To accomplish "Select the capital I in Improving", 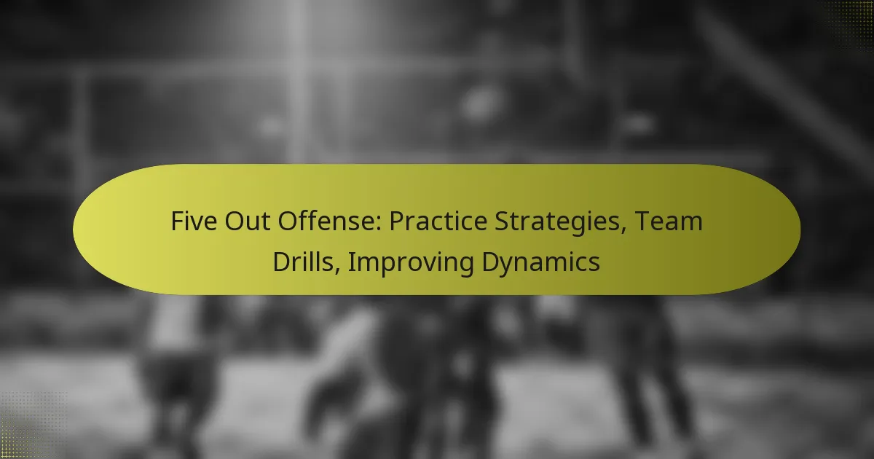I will coord(351,261).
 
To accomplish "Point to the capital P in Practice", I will coord(395,221).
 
